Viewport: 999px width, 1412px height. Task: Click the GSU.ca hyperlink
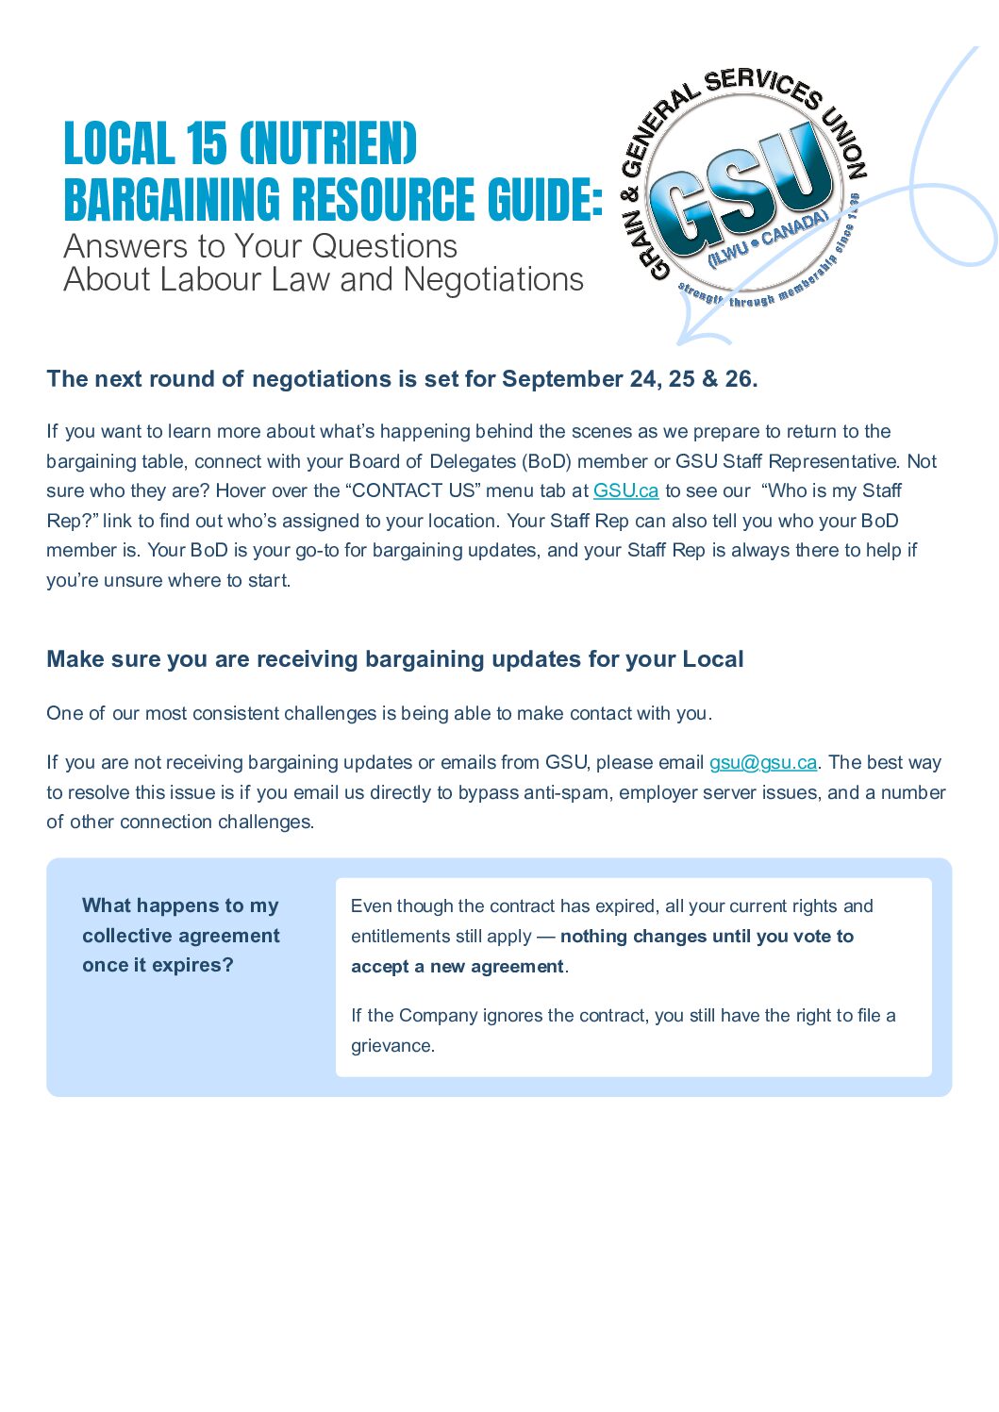pyautogui.click(x=625, y=490)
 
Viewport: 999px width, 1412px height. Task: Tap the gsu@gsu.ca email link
pyautogui.click(x=763, y=762)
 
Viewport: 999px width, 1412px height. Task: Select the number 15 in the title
pyautogui.click(x=206, y=144)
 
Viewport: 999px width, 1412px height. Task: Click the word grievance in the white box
pyautogui.click(x=391, y=1046)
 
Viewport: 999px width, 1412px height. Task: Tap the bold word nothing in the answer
pyautogui.click(x=593, y=937)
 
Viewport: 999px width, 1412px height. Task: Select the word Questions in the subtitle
pyautogui.click(x=384, y=247)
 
